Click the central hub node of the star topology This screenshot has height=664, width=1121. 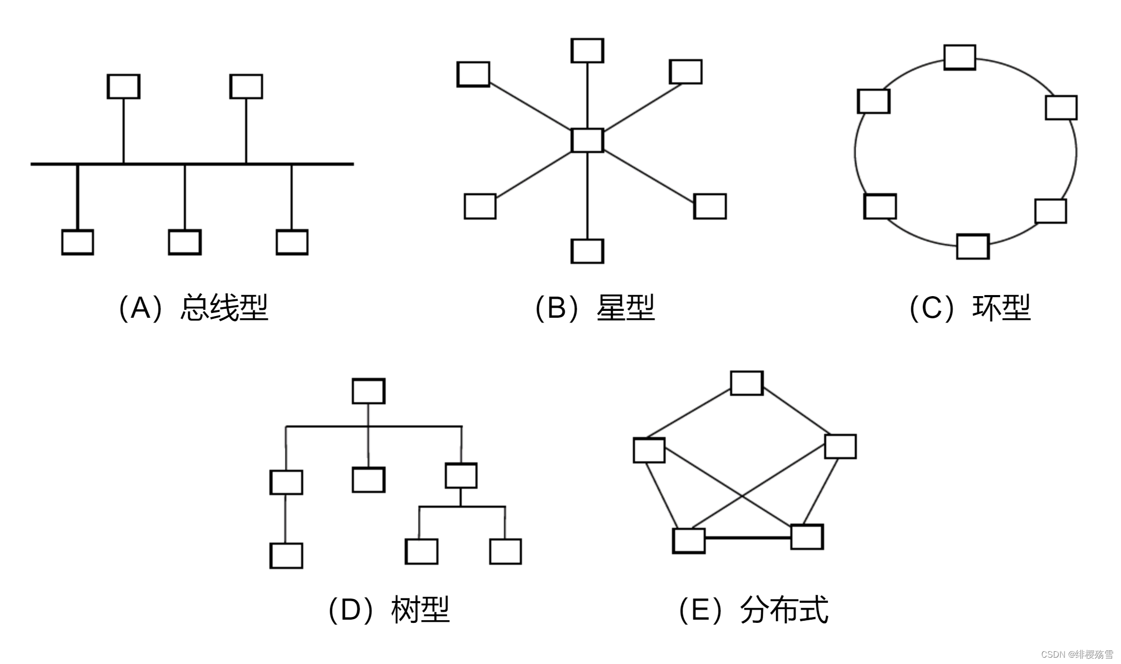(x=587, y=140)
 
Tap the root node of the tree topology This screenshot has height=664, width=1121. (x=368, y=391)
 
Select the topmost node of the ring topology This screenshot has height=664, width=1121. (x=959, y=57)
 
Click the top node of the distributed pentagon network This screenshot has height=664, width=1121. (x=746, y=383)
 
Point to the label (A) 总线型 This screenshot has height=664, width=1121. (x=193, y=308)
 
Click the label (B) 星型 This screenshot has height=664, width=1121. (x=595, y=308)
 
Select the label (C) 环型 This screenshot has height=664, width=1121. (x=969, y=308)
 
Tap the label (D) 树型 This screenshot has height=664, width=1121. (x=389, y=610)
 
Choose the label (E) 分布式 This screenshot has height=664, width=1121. (x=753, y=610)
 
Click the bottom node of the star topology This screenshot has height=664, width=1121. (x=587, y=251)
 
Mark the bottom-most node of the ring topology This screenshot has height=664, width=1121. (x=973, y=246)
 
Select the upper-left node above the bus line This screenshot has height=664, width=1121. (x=124, y=86)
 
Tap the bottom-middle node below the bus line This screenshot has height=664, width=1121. (x=184, y=242)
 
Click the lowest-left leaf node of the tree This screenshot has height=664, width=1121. (x=286, y=556)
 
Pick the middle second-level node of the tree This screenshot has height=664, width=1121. (x=368, y=480)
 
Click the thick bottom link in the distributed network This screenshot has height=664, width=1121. (x=748, y=538)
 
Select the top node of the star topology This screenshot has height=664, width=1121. (x=587, y=51)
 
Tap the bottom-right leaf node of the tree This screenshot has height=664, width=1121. (x=506, y=552)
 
